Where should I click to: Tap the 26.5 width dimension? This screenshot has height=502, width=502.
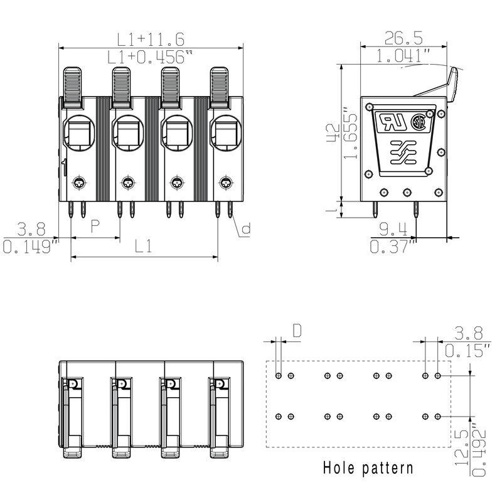[403, 38]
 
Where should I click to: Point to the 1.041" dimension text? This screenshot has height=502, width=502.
[403, 55]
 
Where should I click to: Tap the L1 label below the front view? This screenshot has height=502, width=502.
[144, 247]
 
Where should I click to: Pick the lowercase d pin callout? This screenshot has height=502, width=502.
[245, 229]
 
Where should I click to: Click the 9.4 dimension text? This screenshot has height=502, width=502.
[393, 228]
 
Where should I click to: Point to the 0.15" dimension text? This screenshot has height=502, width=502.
[467, 350]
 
